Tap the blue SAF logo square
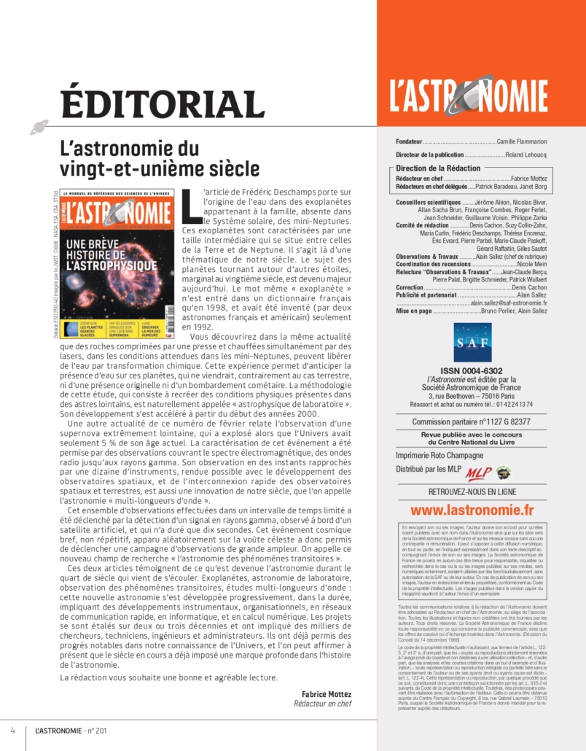pyautogui.click(x=472, y=342)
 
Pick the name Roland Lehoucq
pyautogui.click(x=526, y=155)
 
